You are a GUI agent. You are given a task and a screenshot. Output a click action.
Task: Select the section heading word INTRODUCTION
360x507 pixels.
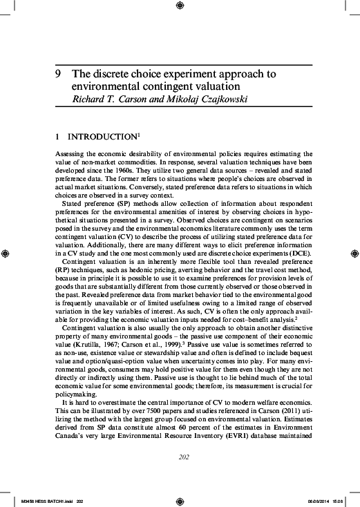coord(101,137)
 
